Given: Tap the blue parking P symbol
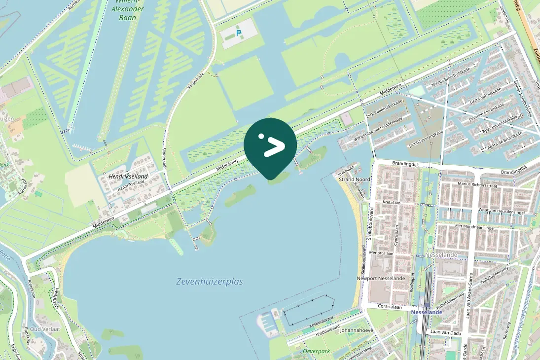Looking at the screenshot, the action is (239, 34).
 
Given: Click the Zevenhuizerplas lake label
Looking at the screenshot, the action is (210, 282).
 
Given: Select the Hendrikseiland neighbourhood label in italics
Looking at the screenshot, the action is (128, 176).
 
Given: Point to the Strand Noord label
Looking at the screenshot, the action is (355, 180).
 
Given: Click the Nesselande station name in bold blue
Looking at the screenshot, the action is (427, 312).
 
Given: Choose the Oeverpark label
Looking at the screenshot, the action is (317, 351).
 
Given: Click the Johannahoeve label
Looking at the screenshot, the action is (357, 330).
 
